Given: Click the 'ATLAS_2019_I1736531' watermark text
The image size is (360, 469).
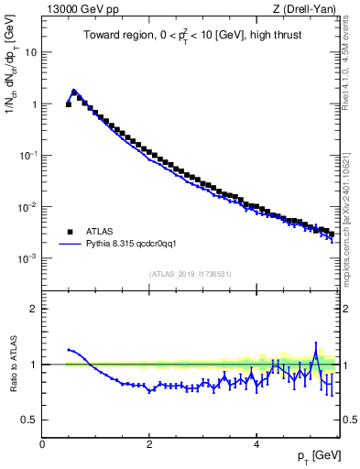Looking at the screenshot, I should click(191, 274).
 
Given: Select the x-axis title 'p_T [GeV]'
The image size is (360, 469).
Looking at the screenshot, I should click(314, 455).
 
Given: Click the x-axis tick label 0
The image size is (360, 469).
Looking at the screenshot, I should click(42, 444).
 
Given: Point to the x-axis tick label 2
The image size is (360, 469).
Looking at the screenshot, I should click(149, 444).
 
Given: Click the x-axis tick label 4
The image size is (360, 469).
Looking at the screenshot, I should click(256, 444).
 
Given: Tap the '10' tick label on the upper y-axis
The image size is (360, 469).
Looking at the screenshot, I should click(29, 52).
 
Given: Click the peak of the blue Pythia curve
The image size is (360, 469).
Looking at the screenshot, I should click(74, 90).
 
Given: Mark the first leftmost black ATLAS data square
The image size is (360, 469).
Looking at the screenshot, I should click(69, 104).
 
